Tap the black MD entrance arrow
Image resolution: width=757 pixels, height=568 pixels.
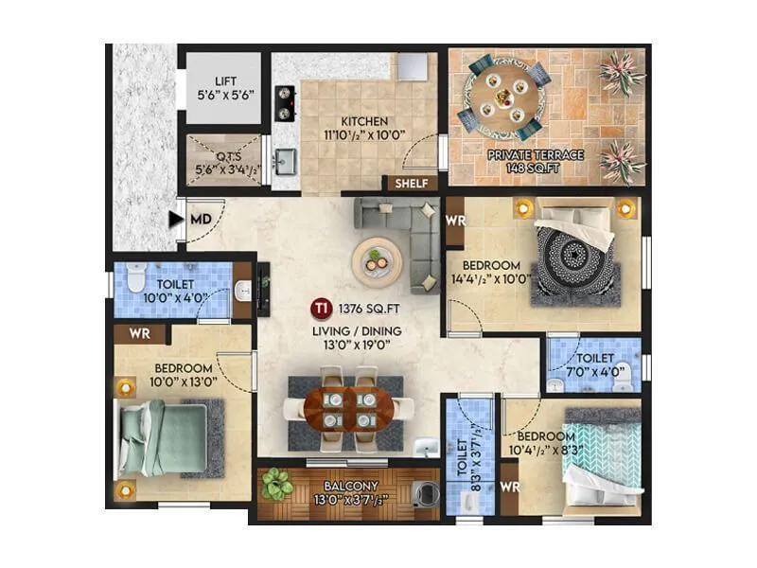tap(175, 220)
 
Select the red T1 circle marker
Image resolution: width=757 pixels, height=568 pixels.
tap(323, 308)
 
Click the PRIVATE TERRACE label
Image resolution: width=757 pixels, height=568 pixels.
tap(536, 154)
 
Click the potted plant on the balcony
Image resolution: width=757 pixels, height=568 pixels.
tap(276, 484)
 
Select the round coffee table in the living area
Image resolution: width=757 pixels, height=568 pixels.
tap(377, 259)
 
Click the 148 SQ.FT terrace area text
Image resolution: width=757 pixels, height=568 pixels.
tap(536, 169)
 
